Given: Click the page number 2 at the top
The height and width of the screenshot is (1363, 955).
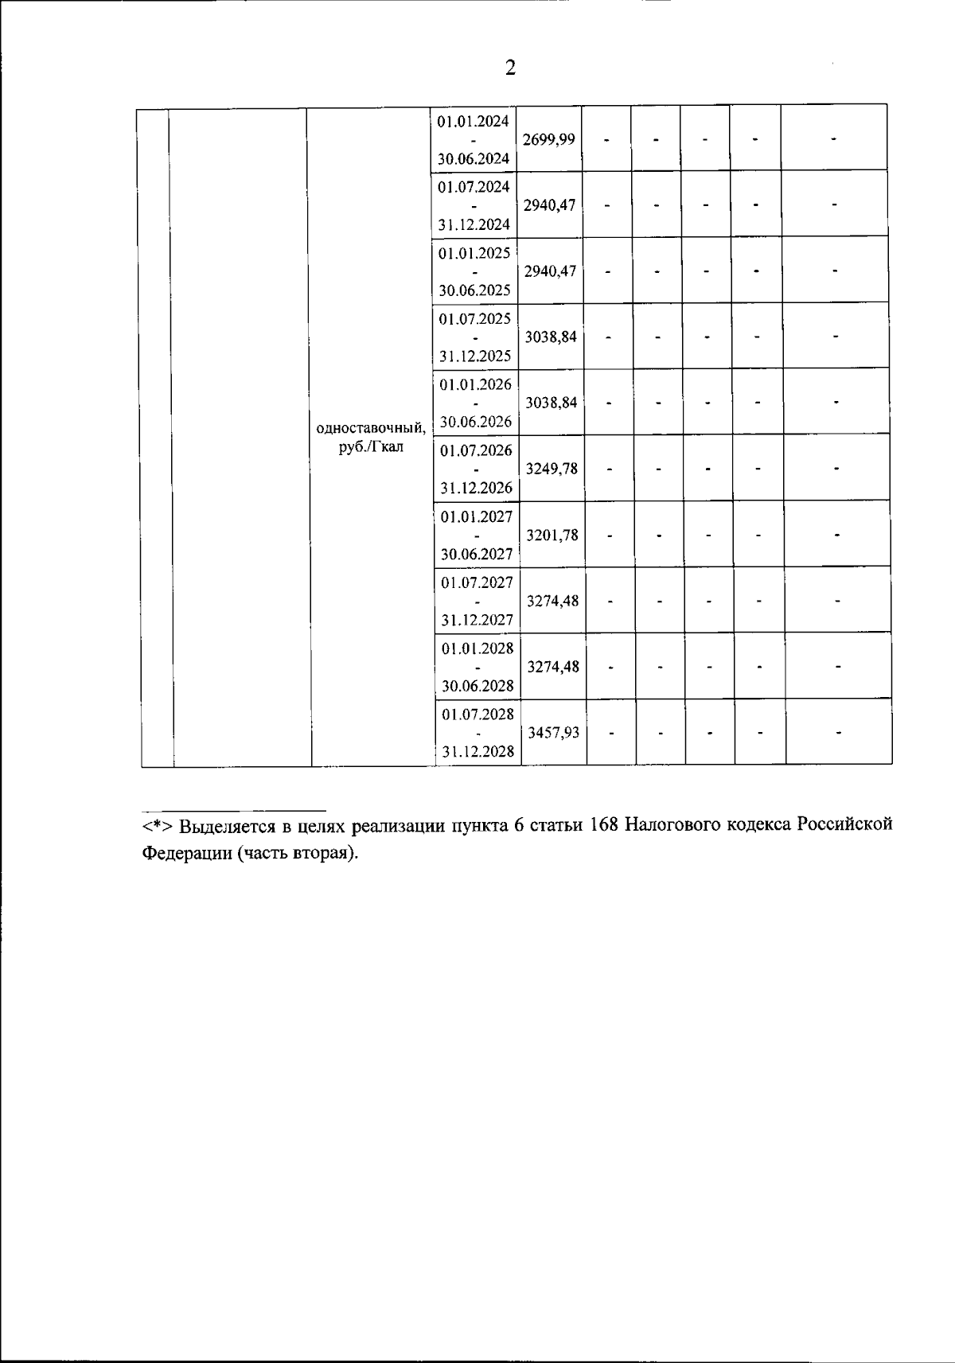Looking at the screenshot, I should pyautogui.click(x=510, y=68).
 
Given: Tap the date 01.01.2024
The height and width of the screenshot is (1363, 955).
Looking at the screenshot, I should pyautogui.click(x=473, y=121).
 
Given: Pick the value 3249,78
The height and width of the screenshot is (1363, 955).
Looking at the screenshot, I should pyautogui.click(x=552, y=469).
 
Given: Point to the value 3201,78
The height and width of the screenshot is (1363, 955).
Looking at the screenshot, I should pyautogui.click(x=552, y=535).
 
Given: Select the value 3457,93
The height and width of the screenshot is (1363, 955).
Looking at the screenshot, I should pyautogui.click(x=553, y=733).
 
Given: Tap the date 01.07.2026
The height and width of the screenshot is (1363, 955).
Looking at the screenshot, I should pyautogui.click(x=477, y=451).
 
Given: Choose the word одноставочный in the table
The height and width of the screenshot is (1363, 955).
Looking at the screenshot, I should pyautogui.click(x=371, y=429).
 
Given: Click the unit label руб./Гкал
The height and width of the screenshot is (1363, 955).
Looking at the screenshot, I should pyautogui.click(x=371, y=447).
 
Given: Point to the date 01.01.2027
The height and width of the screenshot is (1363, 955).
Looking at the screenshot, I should pyautogui.click(x=477, y=517).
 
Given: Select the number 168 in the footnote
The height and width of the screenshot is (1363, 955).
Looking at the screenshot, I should pyautogui.click(x=605, y=825).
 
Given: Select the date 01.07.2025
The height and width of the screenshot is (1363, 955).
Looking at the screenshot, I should pyautogui.click(x=475, y=319).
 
